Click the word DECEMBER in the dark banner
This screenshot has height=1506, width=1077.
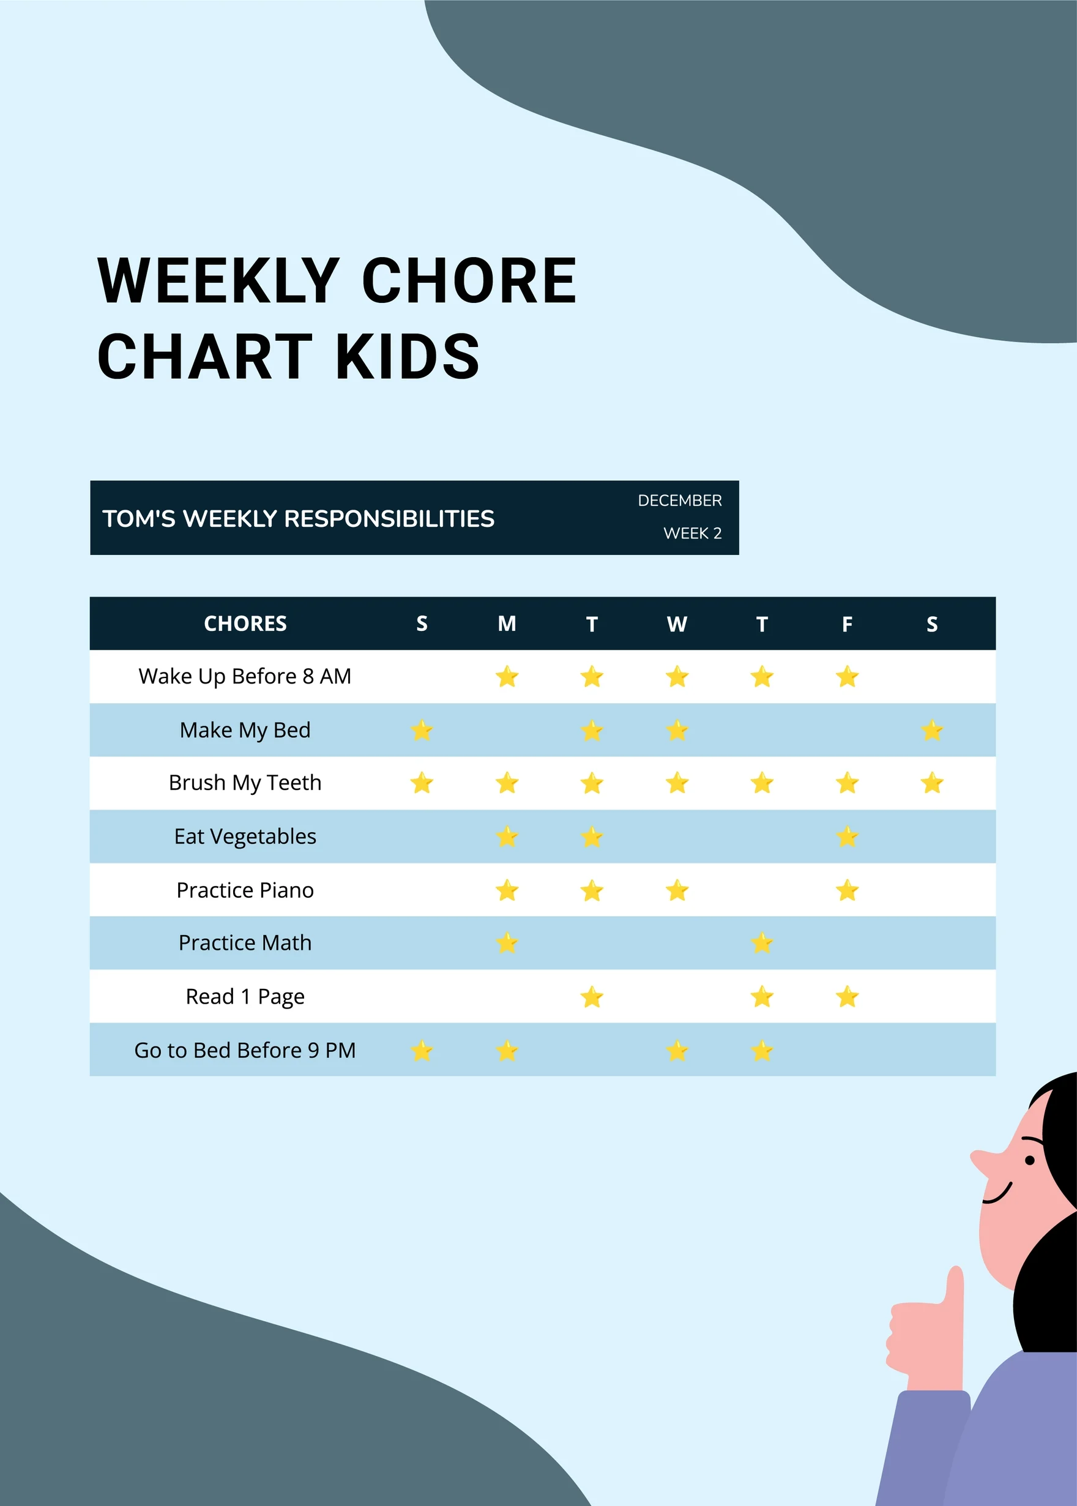tap(679, 501)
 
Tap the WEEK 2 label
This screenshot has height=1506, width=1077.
tap(691, 533)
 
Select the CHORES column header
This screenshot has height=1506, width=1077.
tap(245, 624)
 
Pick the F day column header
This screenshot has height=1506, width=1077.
tap(847, 624)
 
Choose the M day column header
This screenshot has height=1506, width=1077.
tap(507, 624)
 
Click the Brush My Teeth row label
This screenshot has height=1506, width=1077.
tap(245, 783)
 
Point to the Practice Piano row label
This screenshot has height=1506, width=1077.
tap(245, 890)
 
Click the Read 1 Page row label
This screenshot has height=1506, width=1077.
tap(245, 997)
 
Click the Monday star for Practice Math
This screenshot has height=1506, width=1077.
tap(507, 943)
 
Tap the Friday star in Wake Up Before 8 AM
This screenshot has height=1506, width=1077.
tap(847, 677)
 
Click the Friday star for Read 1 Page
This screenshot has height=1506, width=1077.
tap(847, 997)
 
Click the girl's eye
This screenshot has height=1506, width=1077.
tap(1029, 1160)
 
